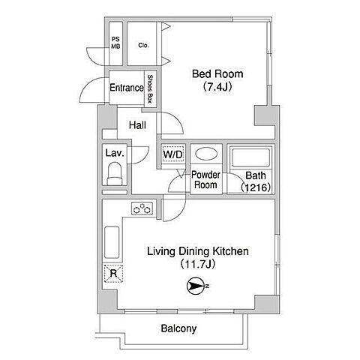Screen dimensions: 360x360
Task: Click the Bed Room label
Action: coord(217,74)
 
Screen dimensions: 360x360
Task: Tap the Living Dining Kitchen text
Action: coord(198,251)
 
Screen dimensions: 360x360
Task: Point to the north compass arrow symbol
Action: coord(196,286)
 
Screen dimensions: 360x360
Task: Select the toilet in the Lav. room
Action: coord(115,173)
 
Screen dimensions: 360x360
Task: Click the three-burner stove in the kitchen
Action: coord(142,208)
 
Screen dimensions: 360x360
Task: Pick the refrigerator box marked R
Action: coord(113,274)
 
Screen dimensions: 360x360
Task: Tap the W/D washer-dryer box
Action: coord(173,154)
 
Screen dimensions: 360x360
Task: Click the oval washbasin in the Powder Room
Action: coord(206,154)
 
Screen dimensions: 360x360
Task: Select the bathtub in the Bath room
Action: coord(250,158)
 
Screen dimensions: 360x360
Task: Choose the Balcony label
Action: coord(178,328)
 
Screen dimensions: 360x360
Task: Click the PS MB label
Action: coord(115,43)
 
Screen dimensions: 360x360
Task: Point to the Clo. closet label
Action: coord(143,46)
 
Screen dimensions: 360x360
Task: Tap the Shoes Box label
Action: coord(150,89)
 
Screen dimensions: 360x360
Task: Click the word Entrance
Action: coord(127,88)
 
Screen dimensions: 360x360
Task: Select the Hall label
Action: coord(137,125)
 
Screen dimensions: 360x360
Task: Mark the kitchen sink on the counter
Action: coord(112,242)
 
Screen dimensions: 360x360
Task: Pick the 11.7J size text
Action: coord(198,264)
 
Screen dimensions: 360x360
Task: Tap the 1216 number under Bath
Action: coord(256,187)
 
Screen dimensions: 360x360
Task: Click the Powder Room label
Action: coord(205,180)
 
